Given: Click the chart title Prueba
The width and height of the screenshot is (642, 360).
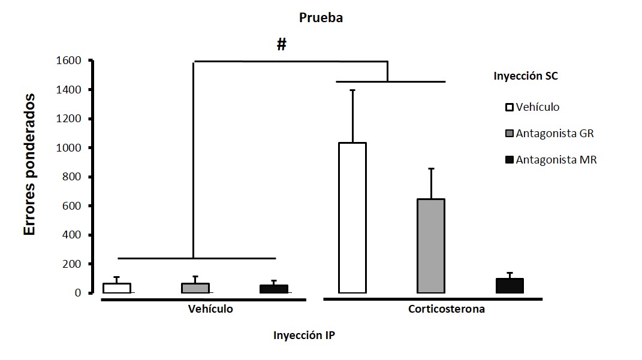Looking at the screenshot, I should pyautogui.click(x=321, y=17).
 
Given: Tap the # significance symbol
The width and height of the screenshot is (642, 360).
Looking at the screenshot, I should pyautogui.click(x=282, y=44).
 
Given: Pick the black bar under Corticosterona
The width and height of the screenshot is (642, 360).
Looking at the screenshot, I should pyautogui.click(x=509, y=286).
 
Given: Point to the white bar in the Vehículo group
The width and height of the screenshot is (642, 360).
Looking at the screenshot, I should pyautogui.click(x=116, y=288).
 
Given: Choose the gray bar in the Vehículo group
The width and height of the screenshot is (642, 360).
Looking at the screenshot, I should pyautogui.click(x=195, y=288).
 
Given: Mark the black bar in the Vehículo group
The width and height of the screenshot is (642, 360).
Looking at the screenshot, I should pyautogui.click(x=273, y=289).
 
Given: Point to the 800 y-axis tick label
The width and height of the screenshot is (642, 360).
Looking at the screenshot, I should pyautogui.click(x=73, y=177).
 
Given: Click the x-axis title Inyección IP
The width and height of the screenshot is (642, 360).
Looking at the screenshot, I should pyautogui.click(x=304, y=335).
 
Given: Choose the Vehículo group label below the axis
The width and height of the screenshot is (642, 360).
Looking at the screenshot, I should pyautogui.click(x=210, y=310).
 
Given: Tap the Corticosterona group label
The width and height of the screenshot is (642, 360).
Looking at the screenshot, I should pyautogui.click(x=447, y=310).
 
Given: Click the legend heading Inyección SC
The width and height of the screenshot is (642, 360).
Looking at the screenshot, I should pyautogui.click(x=526, y=76).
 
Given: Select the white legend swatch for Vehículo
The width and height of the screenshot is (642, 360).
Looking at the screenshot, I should pyautogui.click(x=510, y=107).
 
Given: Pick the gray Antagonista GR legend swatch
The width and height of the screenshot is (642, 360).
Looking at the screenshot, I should pyautogui.click(x=510, y=134).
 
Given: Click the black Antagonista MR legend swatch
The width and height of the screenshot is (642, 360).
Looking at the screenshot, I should pyautogui.click(x=510, y=160).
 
